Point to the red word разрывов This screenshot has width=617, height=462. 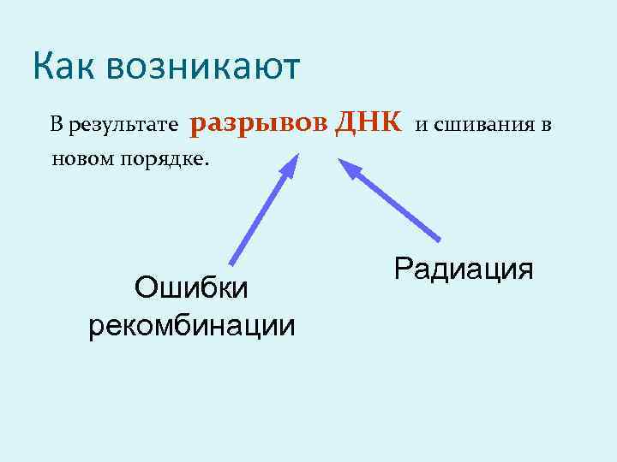[258, 124]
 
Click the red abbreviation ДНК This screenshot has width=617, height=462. [368, 122]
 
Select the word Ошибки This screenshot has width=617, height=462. [191, 287]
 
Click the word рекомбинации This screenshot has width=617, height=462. [191, 324]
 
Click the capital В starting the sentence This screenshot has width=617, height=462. [56, 127]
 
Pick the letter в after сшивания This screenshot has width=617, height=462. [545, 127]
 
